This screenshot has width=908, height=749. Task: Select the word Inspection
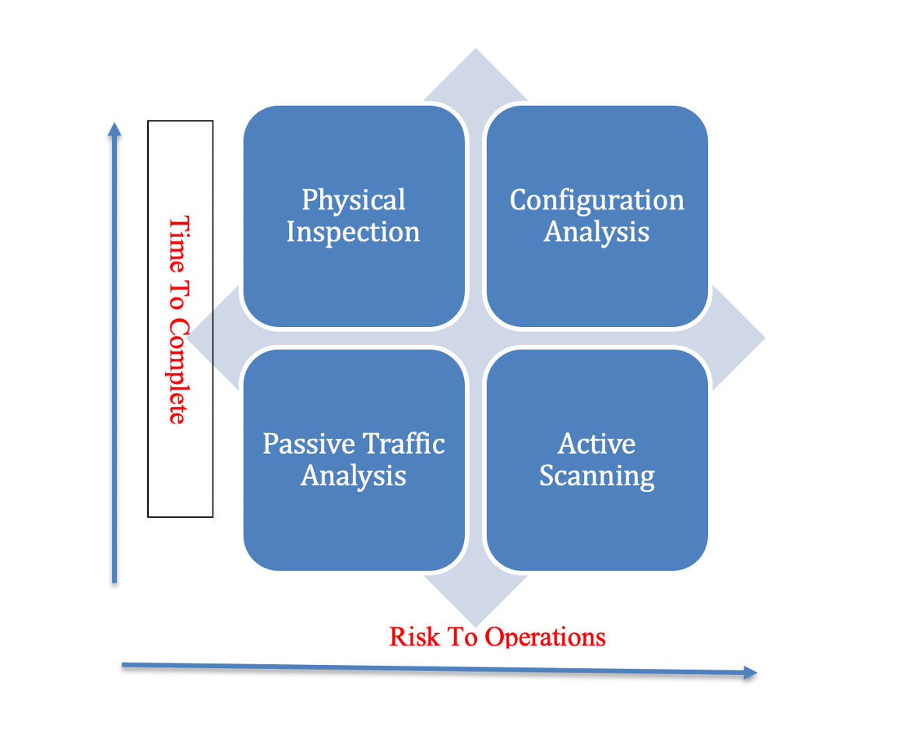coord(354,233)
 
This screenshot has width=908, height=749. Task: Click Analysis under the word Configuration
coord(597,233)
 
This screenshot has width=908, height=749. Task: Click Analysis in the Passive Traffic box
coord(354,476)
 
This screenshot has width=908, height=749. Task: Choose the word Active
coord(597,444)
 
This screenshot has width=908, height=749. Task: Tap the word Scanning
coord(597,476)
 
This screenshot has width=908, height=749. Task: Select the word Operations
coord(545,638)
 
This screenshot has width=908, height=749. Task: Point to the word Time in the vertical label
coord(179,244)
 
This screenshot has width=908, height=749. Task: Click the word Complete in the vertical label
coord(178,371)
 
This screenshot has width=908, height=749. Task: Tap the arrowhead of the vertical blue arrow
coord(114,129)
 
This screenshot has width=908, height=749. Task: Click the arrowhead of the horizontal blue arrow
coord(751,673)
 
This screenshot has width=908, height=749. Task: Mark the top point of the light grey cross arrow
coord(476,48)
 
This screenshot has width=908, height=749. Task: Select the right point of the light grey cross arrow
coord(765,337)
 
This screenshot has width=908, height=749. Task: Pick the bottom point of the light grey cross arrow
coord(476,627)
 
